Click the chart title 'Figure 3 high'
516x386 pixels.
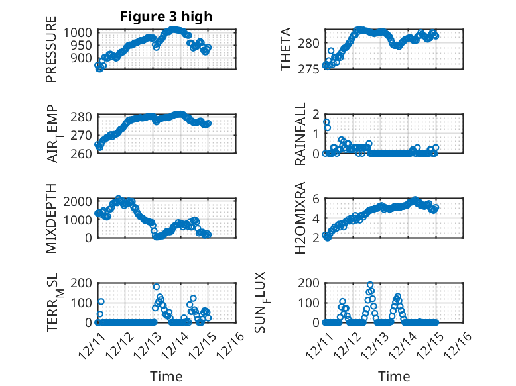(x=166, y=17)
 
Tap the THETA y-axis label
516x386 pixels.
(x=286, y=50)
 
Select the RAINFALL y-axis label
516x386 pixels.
(x=300, y=133)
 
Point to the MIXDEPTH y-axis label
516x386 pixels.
(x=51, y=217)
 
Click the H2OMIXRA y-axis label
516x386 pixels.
(x=300, y=217)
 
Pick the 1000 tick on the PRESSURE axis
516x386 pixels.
(x=82, y=32)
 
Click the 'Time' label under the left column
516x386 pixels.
(x=166, y=376)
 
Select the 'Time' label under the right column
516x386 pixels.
(x=394, y=376)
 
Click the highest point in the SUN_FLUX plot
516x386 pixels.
(x=369, y=285)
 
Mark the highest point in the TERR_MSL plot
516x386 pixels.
(x=157, y=287)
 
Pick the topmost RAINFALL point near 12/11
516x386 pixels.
(x=326, y=122)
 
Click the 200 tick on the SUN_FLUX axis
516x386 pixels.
(x=313, y=283)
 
